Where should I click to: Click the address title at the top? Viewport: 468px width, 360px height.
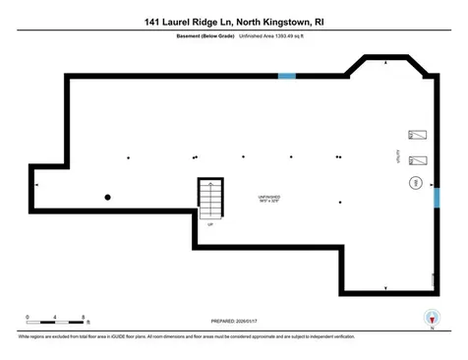click(x=233, y=21)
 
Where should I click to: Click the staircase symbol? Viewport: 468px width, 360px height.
click(x=210, y=200)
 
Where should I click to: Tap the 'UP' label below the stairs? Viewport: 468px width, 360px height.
click(x=208, y=224)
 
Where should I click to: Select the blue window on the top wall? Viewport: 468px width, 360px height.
click(x=287, y=76)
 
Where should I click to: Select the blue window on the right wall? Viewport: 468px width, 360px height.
click(x=437, y=199)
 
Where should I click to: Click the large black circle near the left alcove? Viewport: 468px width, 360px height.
click(x=108, y=198)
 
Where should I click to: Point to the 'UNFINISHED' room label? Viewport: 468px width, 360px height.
click(x=269, y=196)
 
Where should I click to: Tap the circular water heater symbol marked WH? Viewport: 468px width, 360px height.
click(x=415, y=183)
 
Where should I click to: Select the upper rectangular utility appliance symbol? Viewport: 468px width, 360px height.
click(x=417, y=136)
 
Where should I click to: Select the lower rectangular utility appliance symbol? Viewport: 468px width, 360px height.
click(x=417, y=159)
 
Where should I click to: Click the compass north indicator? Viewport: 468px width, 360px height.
click(x=430, y=318)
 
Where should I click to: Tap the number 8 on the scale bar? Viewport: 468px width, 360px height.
click(x=86, y=317)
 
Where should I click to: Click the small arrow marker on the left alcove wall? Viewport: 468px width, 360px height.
click(x=37, y=184)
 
